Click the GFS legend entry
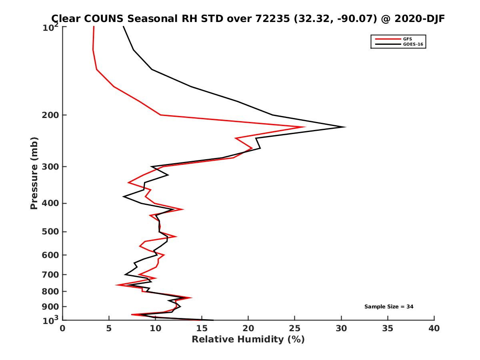pyautogui.click(x=408, y=39)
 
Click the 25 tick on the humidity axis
pyautogui.click(x=295, y=328)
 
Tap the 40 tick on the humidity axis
pyautogui.click(x=434, y=328)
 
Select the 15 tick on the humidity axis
pyautogui.click(x=202, y=328)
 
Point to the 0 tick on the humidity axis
pyautogui.click(x=63, y=328)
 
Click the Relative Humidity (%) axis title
pyautogui.click(x=248, y=340)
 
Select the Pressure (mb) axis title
pyautogui.click(x=34, y=173)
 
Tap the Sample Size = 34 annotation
pyautogui.click(x=389, y=307)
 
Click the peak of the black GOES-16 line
pyautogui.click(x=345, y=127)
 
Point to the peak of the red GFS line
pyautogui.click(x=305, y=127)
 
